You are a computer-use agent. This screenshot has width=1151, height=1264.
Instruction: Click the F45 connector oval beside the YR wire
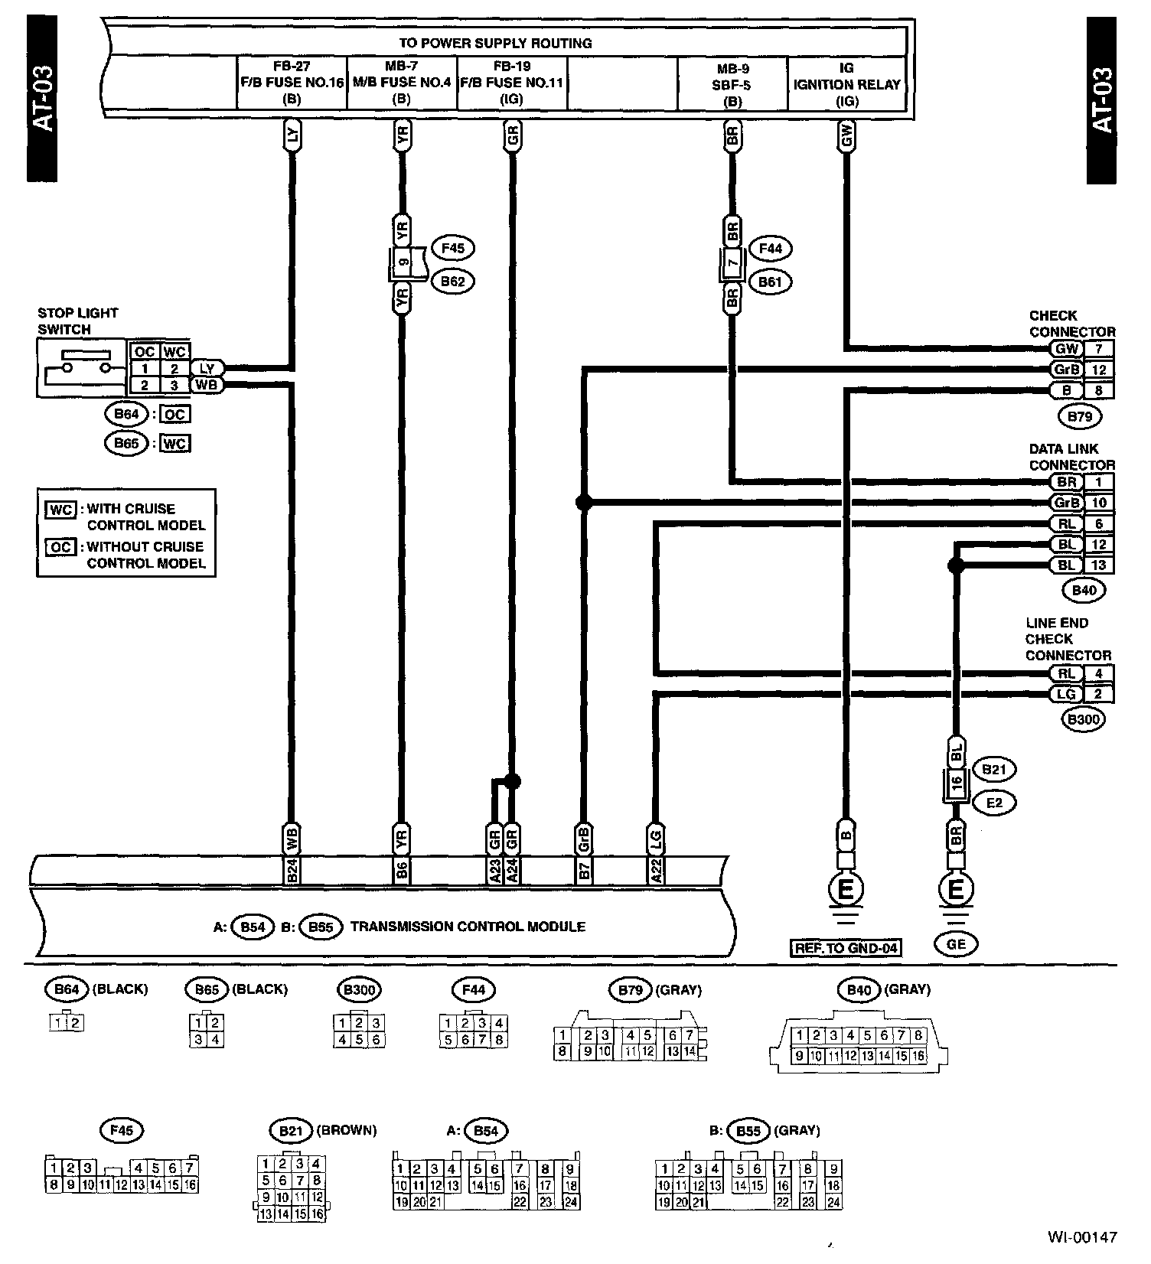pyautogui.click(x=453, y=248)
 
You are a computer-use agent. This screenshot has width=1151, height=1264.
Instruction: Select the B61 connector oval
pyautogui.click(x=770, y=282)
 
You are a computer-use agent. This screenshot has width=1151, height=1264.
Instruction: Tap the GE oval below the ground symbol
pyautogui.click(x=956, y=944)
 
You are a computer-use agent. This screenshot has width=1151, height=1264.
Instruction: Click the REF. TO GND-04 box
pyautogui.click(x=846, y=948)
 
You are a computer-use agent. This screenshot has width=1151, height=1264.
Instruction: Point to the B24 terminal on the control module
pyautogui.click(x=292, y=871)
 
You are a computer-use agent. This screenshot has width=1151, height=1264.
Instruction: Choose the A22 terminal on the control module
pyautogui.click(x=656, y=871)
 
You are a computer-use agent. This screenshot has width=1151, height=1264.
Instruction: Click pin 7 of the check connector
pyautogui.click(x=1099, y=349)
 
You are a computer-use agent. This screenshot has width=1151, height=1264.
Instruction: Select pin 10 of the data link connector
pyautogui.click(x=1099, y=503)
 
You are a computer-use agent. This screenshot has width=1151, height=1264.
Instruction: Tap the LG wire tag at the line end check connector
pyautogui.click(x=1066, y=694)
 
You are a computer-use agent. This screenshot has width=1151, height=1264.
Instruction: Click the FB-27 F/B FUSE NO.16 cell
pyautogui.click(x=292, y=83)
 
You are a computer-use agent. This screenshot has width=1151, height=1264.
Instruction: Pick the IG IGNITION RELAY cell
pyautogui.click(x=846, y=83)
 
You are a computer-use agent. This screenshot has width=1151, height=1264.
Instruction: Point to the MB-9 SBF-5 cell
pyautogui.click(x=732, y=83)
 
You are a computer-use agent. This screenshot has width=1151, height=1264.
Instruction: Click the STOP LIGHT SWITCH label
pyautogui.click(x=78, y=321)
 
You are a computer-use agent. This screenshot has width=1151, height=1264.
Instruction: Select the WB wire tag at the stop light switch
pyautogui.click(x=206, y=385)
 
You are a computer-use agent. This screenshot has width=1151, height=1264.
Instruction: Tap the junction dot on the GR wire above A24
pyautogui.click(x=512, y=781)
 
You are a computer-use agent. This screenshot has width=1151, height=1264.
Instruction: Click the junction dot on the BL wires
pyautogui.click(x=955, y=565)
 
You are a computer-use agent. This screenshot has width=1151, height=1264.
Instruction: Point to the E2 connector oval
pyautogui.click(x=993, y=803)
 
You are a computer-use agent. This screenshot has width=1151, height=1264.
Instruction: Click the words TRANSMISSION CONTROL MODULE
pyautogui.click(x=468, y=927)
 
